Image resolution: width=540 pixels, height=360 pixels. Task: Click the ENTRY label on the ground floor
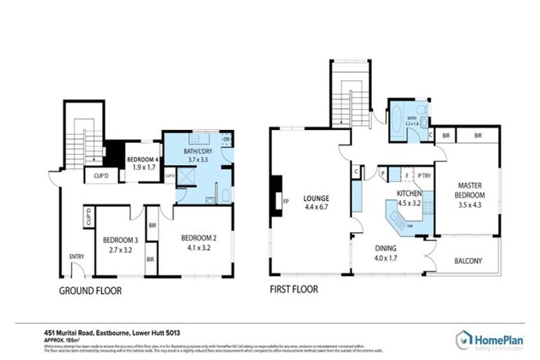(76, 257)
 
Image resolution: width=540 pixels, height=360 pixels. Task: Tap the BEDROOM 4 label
(141, 159)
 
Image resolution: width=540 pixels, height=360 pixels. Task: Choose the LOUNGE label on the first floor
(316, 198)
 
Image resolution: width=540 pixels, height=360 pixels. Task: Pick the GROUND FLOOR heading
(90, 290)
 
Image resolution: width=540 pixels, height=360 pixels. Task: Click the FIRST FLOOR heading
(294, 289)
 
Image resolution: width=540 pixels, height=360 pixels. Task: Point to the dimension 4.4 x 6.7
(316, 207)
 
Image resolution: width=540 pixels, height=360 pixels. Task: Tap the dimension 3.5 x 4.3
(465, 207)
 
